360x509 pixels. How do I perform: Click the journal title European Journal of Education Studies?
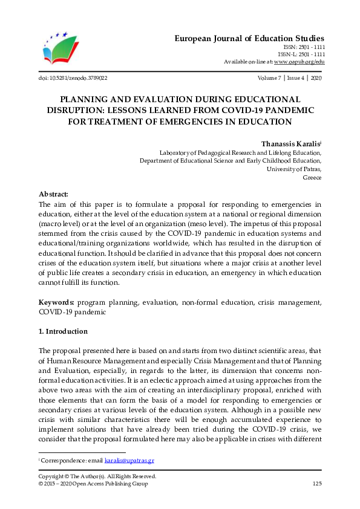tap(249, 38)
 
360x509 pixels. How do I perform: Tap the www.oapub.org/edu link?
tap(299, 62)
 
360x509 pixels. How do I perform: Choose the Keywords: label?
tap(57, 302)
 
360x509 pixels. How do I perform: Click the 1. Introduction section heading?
tap(63, 331)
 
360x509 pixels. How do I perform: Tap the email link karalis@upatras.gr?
tap(129, 460)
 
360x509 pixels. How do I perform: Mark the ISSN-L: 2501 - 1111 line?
tap(304, 54)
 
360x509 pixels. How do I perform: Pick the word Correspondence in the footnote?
tap(62, 460)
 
